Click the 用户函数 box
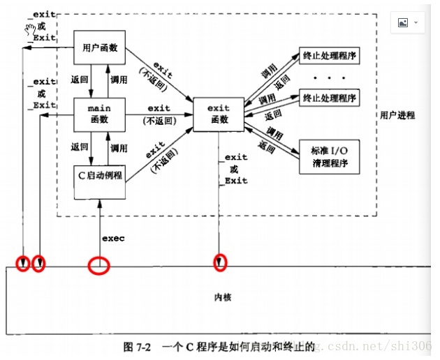pyautogui.click(x=99, y=48)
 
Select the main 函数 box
pyautogui.click(x=99, y=114)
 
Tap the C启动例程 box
pyautogui.click(x=101, y=176)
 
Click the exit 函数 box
pyautogui.click(x=219, y=114)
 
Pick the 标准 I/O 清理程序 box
pyautogui.click(x=328, y=158)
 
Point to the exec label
pyautogui.click(x=113, y=239)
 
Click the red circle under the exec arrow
pyautogui.click(x=98, y=266)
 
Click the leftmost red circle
pyautogui.click(x=23, y=264)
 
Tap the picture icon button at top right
pyautogui.click(x=408, y=22)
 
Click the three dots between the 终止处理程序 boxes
pyautogui.click(x=328, y=77)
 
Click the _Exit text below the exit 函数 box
pyautogui.click(x=236, y=181)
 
